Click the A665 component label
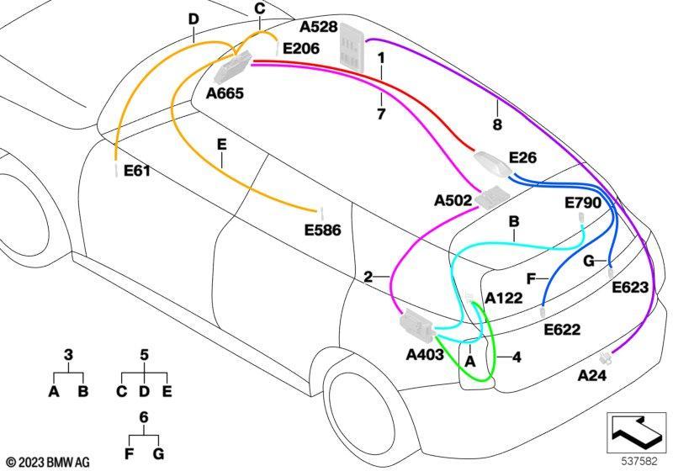[225, 93]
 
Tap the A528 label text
[319, 27]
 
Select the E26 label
[522, 158]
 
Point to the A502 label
[453, 200]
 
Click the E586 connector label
[323, 230]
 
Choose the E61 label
[137, 171]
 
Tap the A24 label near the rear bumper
[592, 375]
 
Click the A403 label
[425, 355]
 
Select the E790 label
[583, 203]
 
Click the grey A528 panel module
[352, 47]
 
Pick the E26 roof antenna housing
[493, 162]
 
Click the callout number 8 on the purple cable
[497, 124]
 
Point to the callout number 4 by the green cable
[517, 357]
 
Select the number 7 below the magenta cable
[381, 114]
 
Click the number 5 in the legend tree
[144, 355]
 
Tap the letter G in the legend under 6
[158, 453]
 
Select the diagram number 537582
[639, 462]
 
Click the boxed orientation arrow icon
[636, 433]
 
